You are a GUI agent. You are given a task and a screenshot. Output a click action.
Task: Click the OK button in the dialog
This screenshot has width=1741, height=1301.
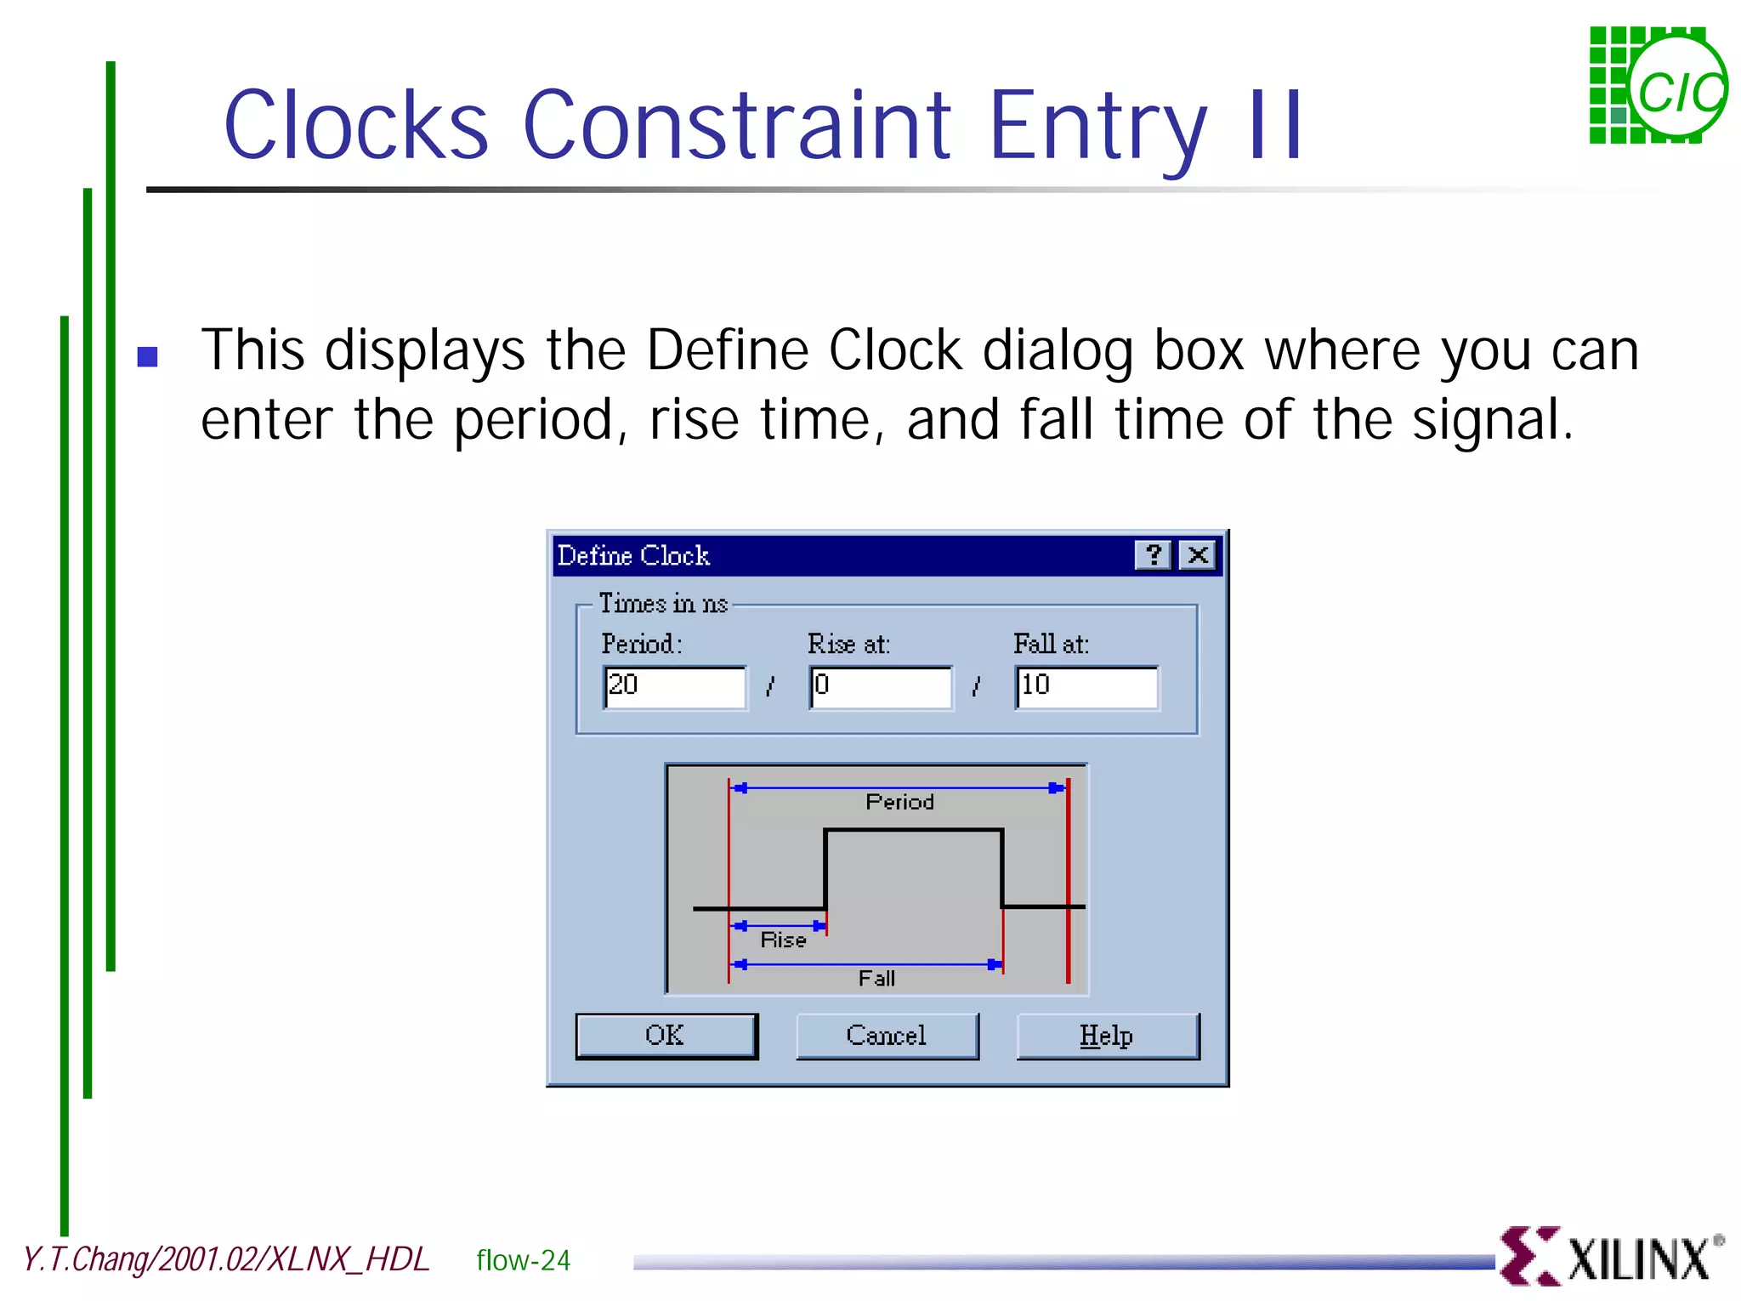[x=666, y=1036]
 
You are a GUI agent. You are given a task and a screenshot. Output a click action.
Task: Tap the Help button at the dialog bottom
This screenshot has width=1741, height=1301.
[x=1107, y=1036]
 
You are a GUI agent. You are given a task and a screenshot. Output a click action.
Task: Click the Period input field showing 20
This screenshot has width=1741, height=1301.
[x=675, y=687]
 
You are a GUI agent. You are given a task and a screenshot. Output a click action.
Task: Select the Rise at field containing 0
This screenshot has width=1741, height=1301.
[x=881, y=687]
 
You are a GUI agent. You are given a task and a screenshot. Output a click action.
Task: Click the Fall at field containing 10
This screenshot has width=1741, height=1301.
[x=1086, y=687]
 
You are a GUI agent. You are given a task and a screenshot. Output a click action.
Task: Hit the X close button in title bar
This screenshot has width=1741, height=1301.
[x=1199, y=555]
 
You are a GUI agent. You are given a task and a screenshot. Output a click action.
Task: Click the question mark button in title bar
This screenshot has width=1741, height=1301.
[x=1154, y=555]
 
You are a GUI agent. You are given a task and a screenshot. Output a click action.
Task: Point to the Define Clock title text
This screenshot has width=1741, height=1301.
[x=633, y=556]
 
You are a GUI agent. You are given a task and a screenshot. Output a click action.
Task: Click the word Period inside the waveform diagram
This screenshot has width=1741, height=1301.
[x=899, y=802]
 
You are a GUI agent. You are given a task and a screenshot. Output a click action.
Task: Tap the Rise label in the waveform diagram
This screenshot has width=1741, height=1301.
[x=783, y=940]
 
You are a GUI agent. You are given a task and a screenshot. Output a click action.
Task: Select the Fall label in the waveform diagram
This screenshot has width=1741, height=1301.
[x=876, y=979]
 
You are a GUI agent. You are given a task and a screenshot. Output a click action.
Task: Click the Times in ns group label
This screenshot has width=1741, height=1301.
[x=663, y=604]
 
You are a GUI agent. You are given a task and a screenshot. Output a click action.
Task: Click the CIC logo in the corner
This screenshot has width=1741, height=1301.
[x=1658, y=86]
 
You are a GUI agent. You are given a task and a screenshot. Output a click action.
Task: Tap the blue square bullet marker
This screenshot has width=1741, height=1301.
[x=148, y=356]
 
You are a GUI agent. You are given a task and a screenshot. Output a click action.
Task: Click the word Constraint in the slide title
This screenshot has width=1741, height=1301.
[x=737, y=126]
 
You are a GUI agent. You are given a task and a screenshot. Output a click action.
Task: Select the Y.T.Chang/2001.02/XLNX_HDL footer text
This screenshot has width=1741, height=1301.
[x=226, y=1259]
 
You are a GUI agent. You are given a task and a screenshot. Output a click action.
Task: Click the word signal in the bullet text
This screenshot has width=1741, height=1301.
[x=1485, y=420]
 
